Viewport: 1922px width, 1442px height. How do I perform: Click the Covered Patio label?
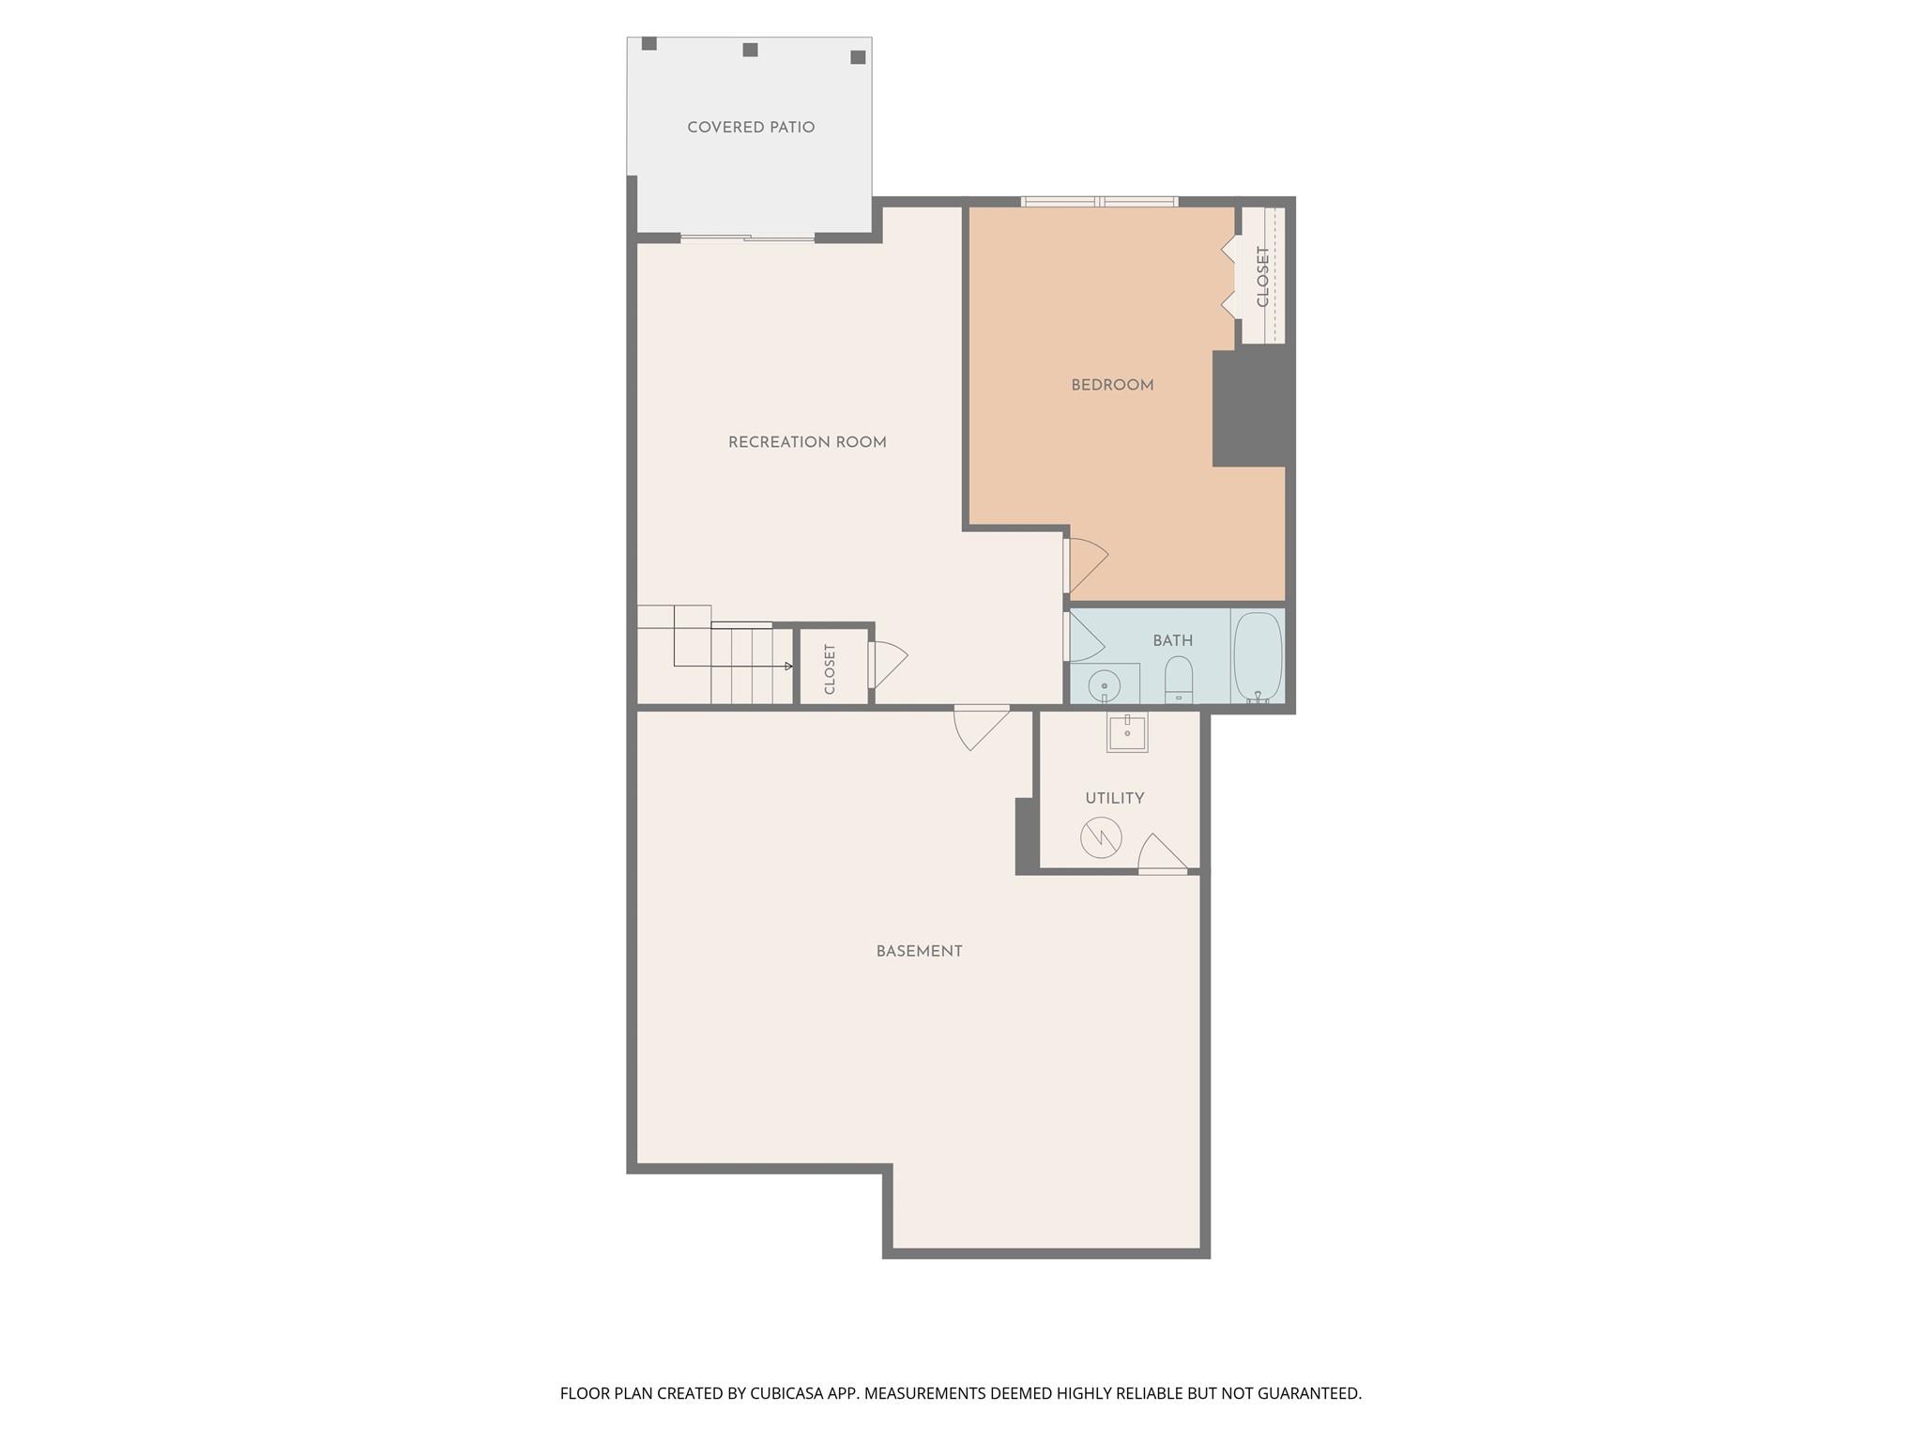tap(751, 128)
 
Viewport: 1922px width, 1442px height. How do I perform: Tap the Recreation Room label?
tap(807, 442)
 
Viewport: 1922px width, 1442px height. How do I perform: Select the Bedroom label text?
tap(1112, 385)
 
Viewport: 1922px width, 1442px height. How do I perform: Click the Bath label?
tap(1172, 640)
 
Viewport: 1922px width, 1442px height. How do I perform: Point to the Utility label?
tap(1114, 798)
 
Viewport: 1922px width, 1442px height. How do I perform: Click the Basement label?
tap(919, 951)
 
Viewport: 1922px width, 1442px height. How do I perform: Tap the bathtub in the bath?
tap(1258, 656)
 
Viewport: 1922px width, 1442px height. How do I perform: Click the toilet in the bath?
tap(1178, 678)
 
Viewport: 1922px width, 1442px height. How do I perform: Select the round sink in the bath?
tap(1105, 685)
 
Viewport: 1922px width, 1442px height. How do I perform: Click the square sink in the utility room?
tap(1126, 732)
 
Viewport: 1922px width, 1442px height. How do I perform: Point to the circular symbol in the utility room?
tap(1101, 837)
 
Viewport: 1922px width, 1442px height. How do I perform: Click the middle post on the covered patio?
tap(750, 50)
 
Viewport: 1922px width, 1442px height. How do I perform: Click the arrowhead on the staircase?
tap(789, 667)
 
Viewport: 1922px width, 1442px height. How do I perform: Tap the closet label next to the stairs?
tap(830, 668)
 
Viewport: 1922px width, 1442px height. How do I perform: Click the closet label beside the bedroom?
tap(1262, 276)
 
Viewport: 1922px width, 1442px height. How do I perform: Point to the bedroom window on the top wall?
tap(1099, 201)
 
